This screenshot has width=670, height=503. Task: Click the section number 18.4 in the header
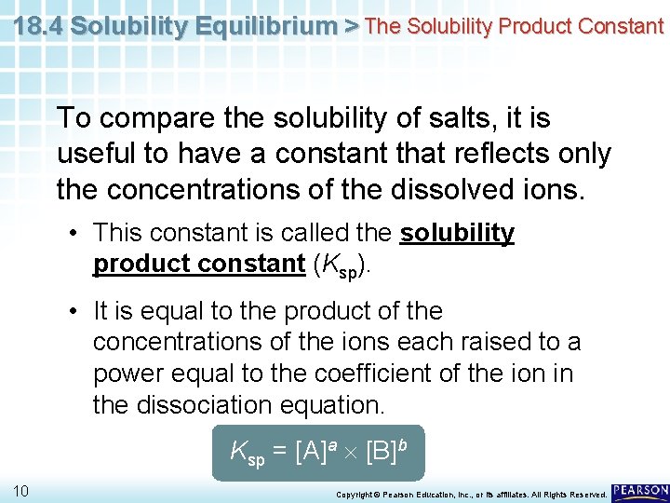click(38, 26)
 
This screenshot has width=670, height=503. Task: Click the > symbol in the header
click(352, 26)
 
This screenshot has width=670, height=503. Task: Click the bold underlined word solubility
click(457, 233)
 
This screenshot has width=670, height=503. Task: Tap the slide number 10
click(21, 490)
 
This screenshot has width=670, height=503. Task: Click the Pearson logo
click(640, 490)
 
